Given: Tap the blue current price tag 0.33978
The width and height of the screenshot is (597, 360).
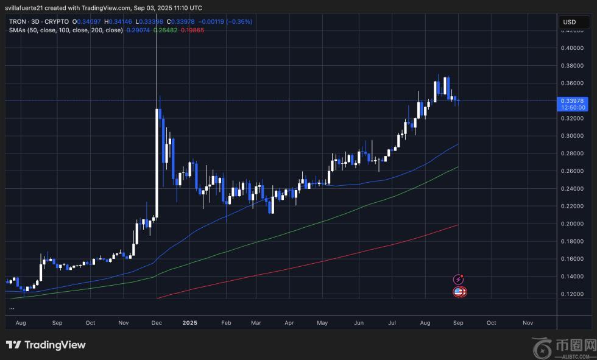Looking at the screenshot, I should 573,101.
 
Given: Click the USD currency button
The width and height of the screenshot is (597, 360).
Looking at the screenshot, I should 570,22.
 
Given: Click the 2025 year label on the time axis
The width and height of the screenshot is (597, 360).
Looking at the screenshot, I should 191,323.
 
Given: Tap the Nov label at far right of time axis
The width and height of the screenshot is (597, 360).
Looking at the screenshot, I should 528,323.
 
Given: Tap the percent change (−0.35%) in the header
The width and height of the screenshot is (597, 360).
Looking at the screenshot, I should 239,22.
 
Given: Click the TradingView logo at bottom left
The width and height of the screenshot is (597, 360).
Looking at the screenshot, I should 46,345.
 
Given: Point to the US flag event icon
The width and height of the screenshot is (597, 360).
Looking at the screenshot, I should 459,292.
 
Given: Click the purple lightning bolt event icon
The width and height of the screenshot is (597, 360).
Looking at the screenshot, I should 459,279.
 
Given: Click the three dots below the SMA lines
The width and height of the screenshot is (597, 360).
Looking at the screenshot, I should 12,308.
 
